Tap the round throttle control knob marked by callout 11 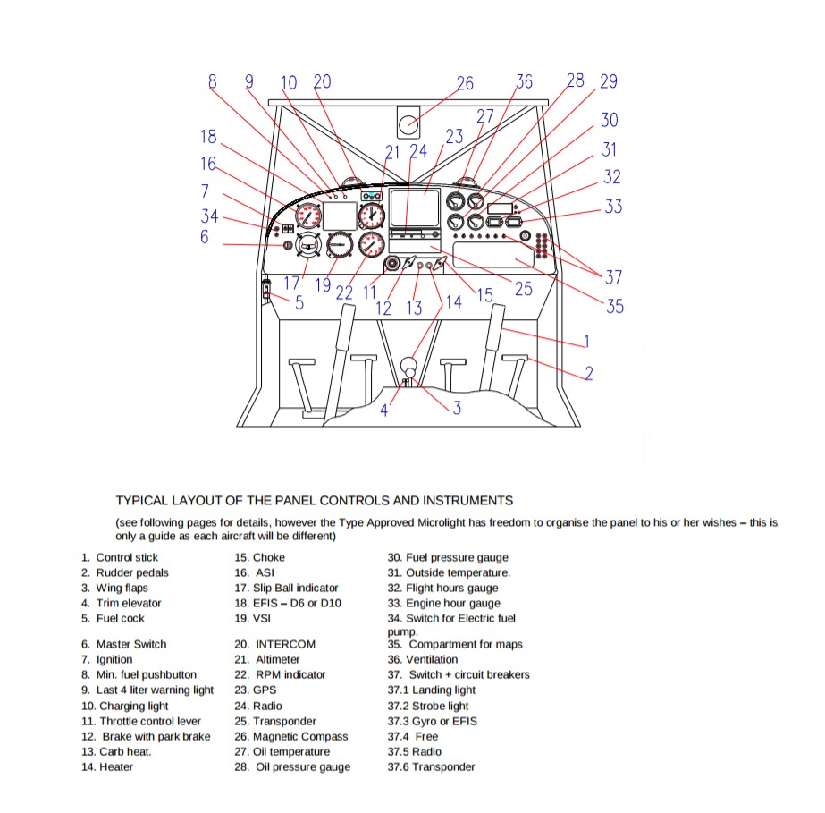click(x=392, y=265)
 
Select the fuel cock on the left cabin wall click(x=266, y=290)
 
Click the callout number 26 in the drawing click(x=465, y=84)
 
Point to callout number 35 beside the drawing click(x=615, y=306)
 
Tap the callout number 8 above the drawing click(x=213, y=81)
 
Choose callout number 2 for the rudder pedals click(x=589, y=373)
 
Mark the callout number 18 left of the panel click(x=208, y=137)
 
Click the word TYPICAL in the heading click(x=141, y=501)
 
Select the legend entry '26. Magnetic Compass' click(x=291, y=737)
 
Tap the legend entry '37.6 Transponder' click(x=431, y=767)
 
